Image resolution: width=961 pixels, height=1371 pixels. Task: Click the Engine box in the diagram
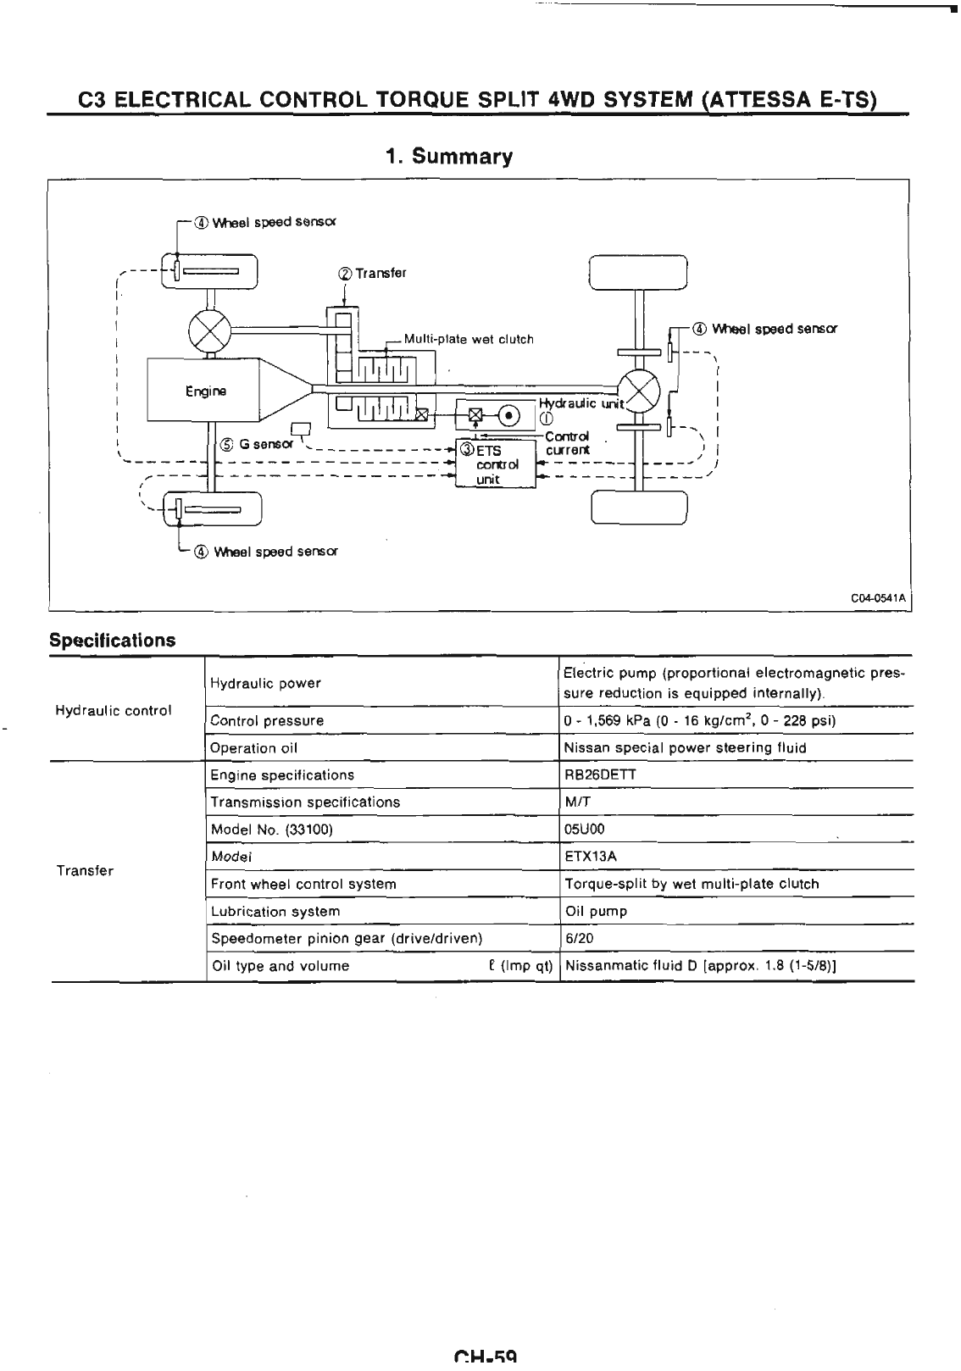(206, 391)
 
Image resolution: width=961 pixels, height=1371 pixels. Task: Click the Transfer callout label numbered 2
(372, 274)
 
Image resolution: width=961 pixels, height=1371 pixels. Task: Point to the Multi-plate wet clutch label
(469, 340)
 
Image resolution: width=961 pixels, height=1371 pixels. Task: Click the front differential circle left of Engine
(206, 329)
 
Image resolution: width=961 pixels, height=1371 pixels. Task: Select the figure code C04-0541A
(879, 597)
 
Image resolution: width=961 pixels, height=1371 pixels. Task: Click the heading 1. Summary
(449, 157)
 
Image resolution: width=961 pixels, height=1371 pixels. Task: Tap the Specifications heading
(113, 640)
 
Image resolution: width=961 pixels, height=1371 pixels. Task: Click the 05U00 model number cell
(584, 829)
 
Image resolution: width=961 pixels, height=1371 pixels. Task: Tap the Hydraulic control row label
(114, 710)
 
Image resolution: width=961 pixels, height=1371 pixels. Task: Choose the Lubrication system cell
(275, 911)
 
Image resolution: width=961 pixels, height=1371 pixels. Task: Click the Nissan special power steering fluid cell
(685, 747)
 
